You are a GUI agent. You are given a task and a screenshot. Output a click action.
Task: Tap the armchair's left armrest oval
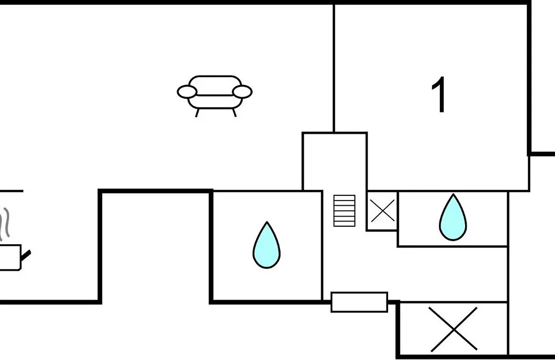pos(187,92)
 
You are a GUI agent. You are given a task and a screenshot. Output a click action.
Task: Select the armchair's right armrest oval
pos(242,92)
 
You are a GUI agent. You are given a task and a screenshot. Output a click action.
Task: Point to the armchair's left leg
pos(197,113)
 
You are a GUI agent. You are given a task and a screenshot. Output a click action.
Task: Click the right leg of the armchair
pos(234,113)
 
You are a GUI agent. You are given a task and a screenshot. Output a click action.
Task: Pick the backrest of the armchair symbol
pos(215,85)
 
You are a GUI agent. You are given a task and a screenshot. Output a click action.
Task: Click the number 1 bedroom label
pos(439,95)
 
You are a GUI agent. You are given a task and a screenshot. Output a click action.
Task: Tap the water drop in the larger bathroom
pos(267,245)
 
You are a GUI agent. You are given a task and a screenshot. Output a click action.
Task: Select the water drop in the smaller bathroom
pos(453,217)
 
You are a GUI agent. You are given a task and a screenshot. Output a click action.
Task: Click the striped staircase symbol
pos(344,210)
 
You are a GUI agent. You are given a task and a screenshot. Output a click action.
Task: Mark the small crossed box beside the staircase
pos(382,210)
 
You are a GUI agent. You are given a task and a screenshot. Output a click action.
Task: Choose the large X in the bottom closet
pos(453,330)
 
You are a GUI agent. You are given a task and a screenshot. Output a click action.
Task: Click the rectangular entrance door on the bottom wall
pos(359,302)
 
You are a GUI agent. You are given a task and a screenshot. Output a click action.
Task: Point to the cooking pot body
pos(10,258)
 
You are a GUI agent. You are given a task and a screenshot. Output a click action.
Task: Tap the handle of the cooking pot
pos(26,255)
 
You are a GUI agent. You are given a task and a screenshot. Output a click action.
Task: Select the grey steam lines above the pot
pos(5,224)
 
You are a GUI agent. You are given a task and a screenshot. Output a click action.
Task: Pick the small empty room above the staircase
pos(335,161)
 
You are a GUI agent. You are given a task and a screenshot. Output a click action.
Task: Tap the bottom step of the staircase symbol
pos(344,224)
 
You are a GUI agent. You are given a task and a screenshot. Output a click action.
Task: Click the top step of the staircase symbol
pos(344,197)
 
